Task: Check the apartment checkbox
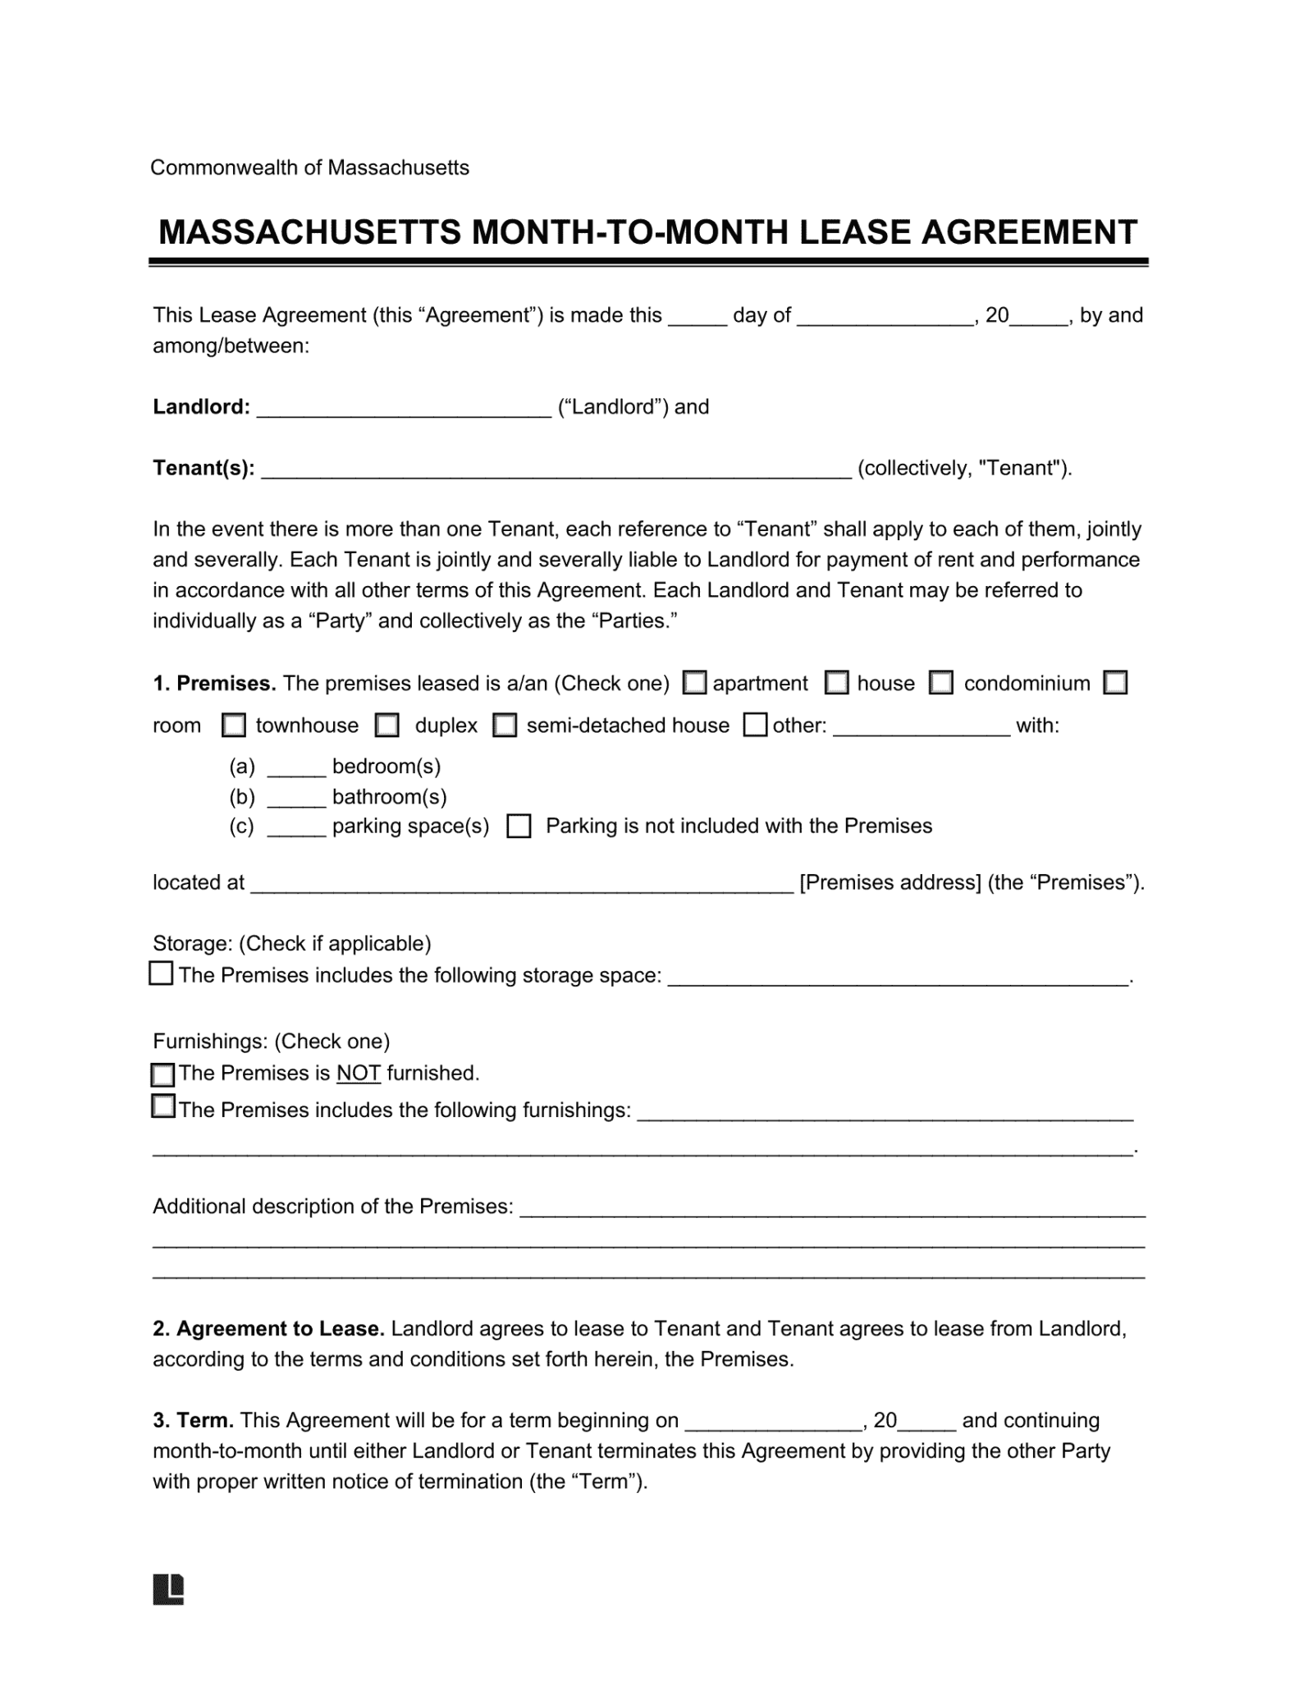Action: point(695,683)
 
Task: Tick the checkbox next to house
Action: point(836,683)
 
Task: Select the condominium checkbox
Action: point(940,683)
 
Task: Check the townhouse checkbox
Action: point(234,726)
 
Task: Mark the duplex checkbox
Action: point(386,726)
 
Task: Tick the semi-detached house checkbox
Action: point(504,726)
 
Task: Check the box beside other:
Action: point(755,725)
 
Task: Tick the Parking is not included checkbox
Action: point(519,826)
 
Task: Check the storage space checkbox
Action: point(161,973)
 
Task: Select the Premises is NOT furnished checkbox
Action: point(163,1074)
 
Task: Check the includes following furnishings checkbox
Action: point(163,1106)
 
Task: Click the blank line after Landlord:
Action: point(404,409)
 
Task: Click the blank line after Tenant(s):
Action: point(556,470)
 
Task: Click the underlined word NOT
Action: point(358,1074)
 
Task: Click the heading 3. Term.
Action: point(194,1421)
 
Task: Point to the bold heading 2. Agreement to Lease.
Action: point(268,1329)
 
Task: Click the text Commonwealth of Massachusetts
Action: point(309,168)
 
